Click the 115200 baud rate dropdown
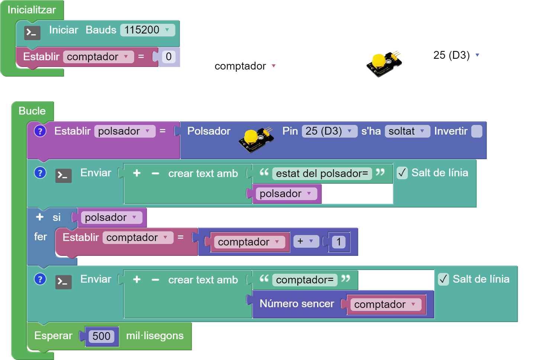click(147, 30)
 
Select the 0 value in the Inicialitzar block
click(168, 57)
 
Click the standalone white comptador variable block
click(246, 66)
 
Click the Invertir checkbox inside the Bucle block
click(476, 131)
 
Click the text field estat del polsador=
click(322, 173)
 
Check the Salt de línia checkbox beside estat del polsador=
click(402, 173)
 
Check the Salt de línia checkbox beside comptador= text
click(443, 279)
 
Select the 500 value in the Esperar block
click(101, 336)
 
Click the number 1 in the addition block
click(339, 242)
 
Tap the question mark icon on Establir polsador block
click(40, 131)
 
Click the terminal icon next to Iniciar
click(32, 33)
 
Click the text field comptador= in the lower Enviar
click(304, 280)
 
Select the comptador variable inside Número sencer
click(385, 305)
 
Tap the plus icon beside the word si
click(40, 217)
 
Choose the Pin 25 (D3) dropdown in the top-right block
click(457, 55)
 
